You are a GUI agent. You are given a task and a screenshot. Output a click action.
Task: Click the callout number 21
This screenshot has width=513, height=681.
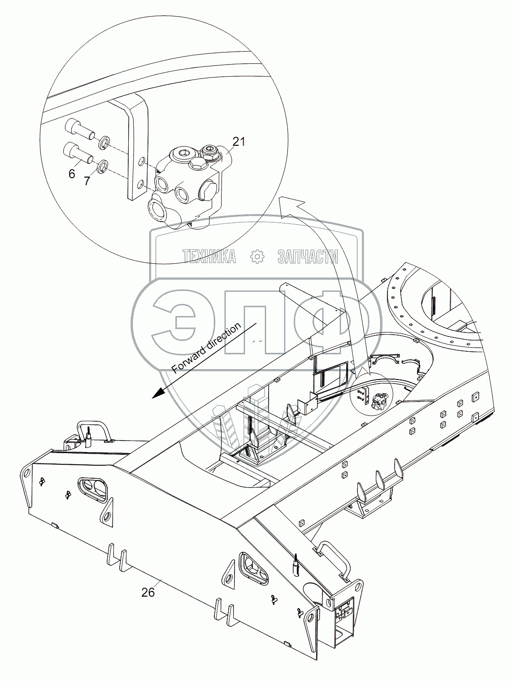(239, 142)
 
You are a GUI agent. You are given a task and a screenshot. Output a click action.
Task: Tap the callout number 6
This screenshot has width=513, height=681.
(72, 174)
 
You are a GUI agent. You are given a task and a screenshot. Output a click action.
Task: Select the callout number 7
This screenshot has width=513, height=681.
(87, 180)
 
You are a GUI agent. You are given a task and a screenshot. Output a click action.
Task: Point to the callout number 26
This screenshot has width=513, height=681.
(148, 592)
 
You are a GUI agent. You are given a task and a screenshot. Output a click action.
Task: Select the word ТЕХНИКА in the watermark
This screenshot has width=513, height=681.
(209, 257)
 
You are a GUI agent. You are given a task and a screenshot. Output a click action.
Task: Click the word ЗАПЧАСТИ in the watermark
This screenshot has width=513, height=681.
(308, 257)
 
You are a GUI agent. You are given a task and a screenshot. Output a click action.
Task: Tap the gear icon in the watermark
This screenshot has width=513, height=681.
(257, 257)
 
